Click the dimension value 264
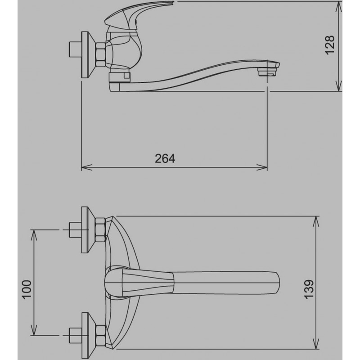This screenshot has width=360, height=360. pyautogui.click(x=165, y=158)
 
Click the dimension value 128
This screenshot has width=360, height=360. pyautogui.click(x=330, y=45)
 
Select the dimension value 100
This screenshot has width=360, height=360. pyautogui.click(x=27, y=289)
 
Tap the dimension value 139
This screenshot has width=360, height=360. pyautogui.click(x=309, y=289)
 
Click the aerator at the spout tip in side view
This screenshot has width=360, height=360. pyautogui.click(x=267, y=72)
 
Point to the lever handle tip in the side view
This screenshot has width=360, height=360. pyautogui.click(x=172, y=3)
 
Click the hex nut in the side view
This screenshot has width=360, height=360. pyautogui.click(x=100, y=54)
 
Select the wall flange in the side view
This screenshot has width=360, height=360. pyautogui.click(x=88, y=55)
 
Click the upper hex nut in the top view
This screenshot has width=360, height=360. pyautogui.click(x=100, y=230)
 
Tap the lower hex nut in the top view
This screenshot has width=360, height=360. pyautogui.click(x=100, y=335)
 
